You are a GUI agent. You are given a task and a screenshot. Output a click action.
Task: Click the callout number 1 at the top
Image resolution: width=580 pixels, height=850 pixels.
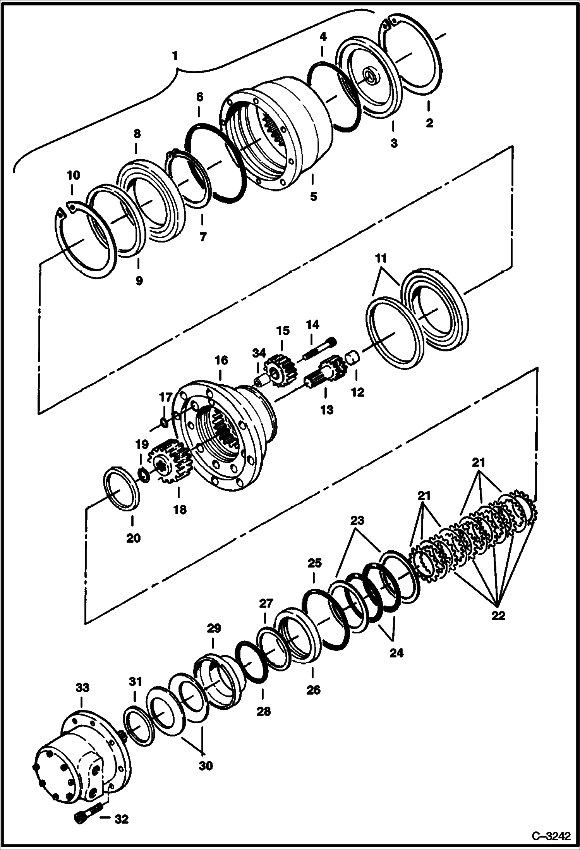175,56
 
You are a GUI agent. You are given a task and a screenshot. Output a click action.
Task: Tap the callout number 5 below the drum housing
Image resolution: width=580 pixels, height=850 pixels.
313,196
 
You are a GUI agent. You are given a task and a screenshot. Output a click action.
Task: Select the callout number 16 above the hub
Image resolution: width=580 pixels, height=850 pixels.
221,360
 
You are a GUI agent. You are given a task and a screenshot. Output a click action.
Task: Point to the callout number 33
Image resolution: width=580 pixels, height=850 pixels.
82,688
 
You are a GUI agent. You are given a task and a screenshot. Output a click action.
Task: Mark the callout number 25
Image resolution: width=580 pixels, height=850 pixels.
315,563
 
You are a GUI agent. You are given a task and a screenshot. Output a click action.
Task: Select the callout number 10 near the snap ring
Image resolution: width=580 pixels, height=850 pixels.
74,175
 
